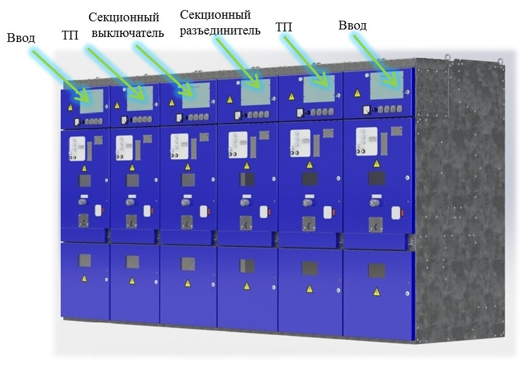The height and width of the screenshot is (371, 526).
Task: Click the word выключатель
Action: pos(128,33)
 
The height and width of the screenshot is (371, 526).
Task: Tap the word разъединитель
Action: pos(220,31)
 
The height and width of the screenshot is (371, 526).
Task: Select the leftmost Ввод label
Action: pos(21,38)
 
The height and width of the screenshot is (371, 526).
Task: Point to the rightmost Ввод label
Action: pos(352,26)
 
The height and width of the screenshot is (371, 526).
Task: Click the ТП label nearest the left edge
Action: pos(70,35)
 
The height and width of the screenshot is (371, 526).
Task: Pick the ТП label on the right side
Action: pos(284,27)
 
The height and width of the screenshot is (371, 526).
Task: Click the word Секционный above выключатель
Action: pos(124,17)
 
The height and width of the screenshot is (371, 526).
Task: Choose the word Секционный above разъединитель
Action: pos(216,15)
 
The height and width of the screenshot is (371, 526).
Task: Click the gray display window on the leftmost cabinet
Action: pos(92,102)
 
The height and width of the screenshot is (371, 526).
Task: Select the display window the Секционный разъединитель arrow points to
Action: pos(256,92)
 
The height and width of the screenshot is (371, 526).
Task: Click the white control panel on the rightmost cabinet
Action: pos(366,142)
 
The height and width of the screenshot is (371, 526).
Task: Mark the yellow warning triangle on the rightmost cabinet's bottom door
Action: pos(377,292)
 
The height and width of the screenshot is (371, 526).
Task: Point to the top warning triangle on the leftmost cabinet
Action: pos(70,108)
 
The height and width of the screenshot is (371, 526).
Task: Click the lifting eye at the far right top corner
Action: pos(500,61)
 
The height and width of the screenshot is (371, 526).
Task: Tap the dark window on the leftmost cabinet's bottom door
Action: pos(85,260)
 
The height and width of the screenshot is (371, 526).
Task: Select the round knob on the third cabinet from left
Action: pos(186,202)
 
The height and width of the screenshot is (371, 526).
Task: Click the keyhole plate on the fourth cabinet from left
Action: pos(246,223)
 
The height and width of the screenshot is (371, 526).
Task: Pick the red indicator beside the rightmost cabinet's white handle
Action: pos(402,212)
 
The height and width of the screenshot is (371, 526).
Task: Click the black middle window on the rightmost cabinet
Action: pos(377,179)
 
